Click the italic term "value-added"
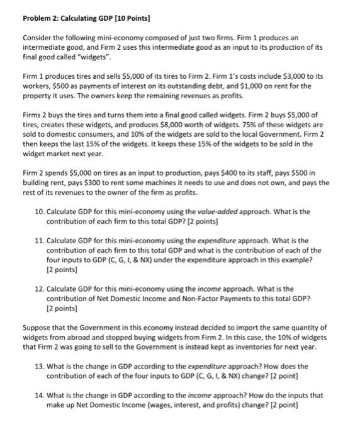click(x=213, y=212)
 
